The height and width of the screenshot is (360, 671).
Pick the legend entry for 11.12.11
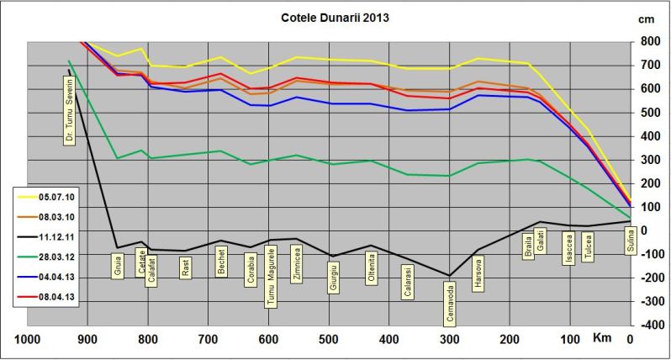tap(40, 240)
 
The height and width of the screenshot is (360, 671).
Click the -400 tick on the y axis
tap(648, 325)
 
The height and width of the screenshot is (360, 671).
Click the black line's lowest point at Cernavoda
tap(449, 275)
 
